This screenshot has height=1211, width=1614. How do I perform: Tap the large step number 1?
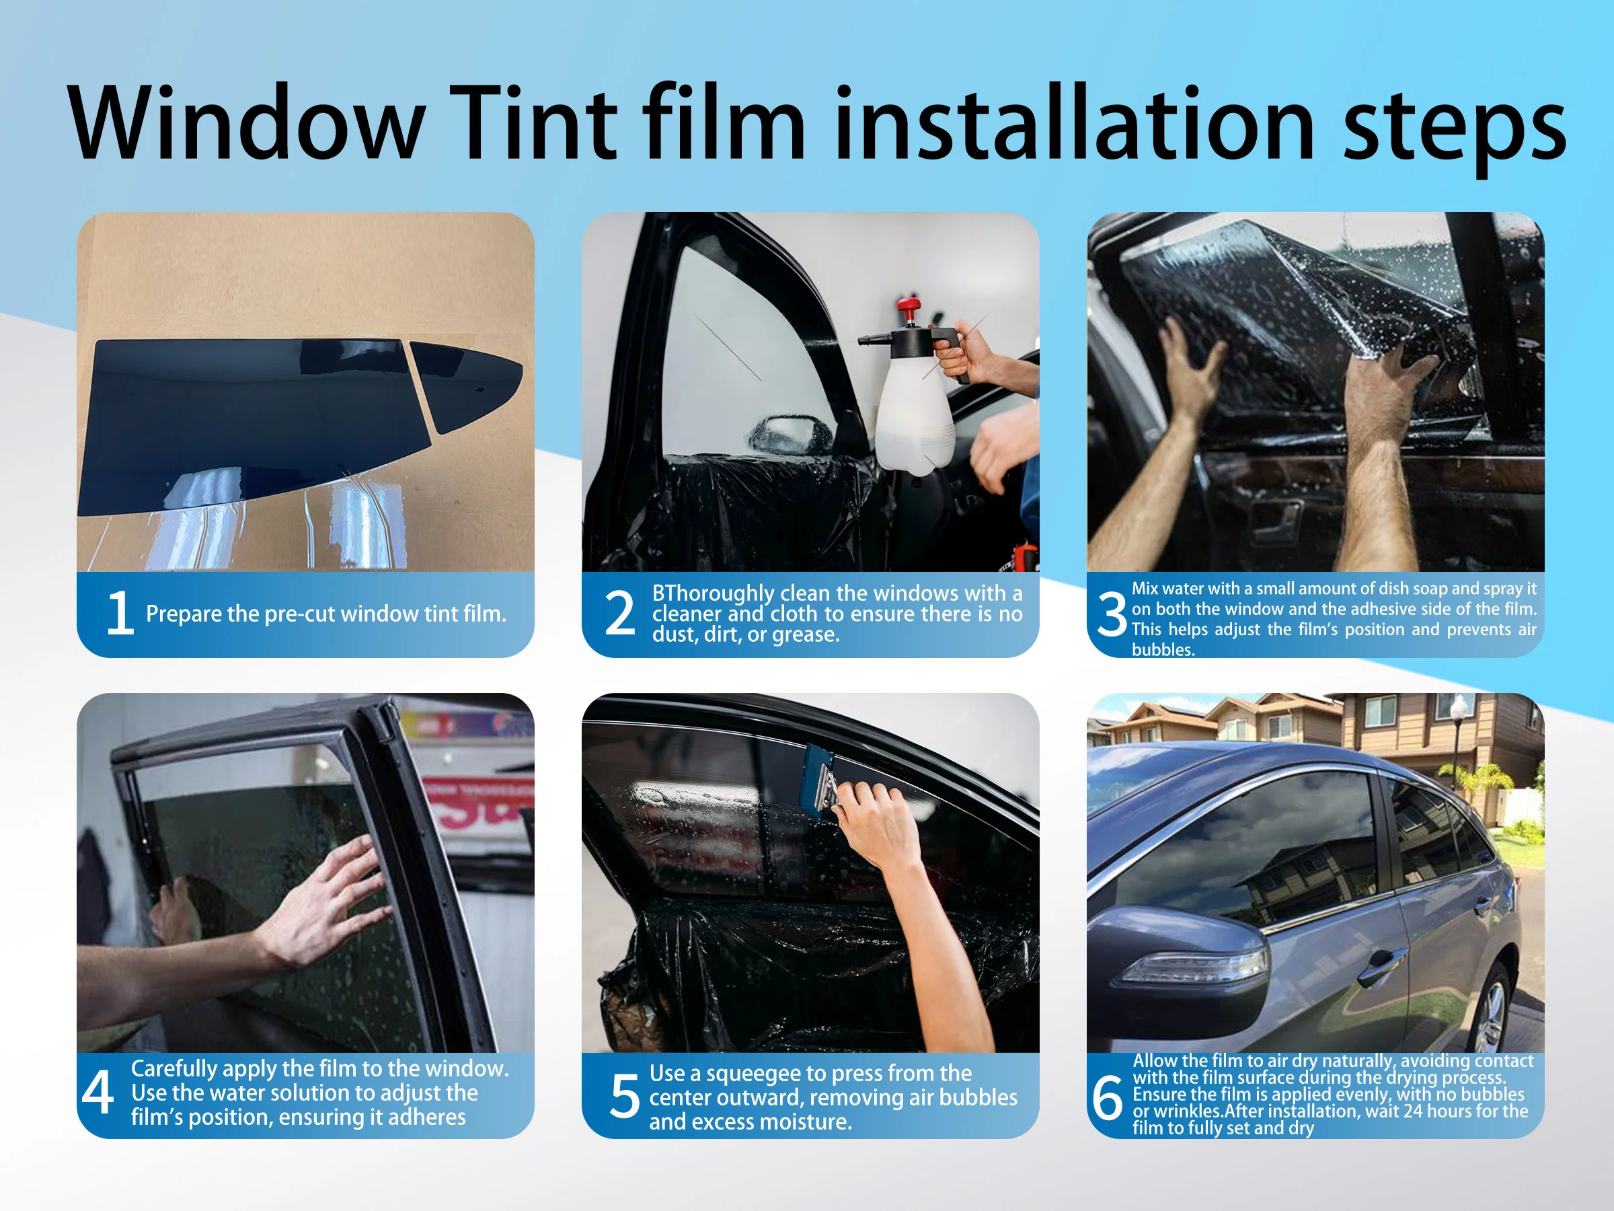tap(120, 613)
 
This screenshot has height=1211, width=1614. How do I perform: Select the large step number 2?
tap(620, 613)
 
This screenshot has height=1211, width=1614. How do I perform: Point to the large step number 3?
tap(1112, 615)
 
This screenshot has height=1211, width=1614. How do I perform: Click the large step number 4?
tap(98, 1093)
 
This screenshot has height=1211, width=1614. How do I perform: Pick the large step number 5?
tap(625, 1097)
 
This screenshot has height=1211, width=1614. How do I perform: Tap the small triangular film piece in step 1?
tap(467, 383)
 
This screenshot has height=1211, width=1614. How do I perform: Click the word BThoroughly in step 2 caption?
tap(713, 593)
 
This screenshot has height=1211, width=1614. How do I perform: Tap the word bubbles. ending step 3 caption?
tap(1163, 650)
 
